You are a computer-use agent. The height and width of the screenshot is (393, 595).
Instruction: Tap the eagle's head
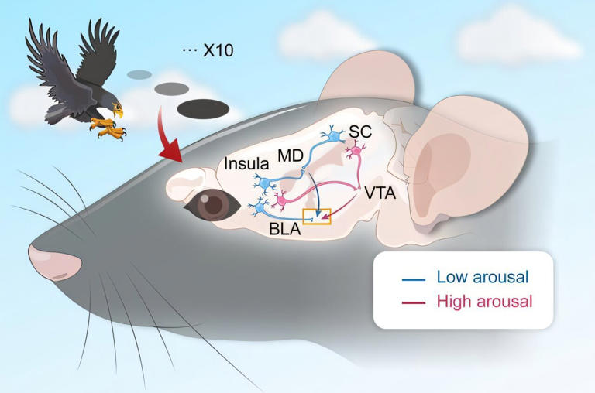(112, 101)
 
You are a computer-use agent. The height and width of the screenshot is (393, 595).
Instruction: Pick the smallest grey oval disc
(139, 75)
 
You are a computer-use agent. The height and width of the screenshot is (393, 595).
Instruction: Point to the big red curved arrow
(172, 138)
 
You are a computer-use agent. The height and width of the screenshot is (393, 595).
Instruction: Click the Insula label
(247, 165)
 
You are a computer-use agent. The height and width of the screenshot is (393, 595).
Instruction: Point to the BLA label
(285, 229)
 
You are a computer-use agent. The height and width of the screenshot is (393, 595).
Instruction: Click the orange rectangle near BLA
(318, 217)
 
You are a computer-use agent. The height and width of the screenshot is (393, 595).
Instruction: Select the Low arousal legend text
(483, 276)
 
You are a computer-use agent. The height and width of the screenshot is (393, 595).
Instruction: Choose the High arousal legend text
(485, 301)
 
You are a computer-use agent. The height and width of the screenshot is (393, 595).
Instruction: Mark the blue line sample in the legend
(411, 277)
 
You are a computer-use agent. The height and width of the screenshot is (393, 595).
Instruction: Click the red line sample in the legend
(411, 302)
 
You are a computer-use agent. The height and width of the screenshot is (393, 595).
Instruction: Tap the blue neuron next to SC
(335, 136)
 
